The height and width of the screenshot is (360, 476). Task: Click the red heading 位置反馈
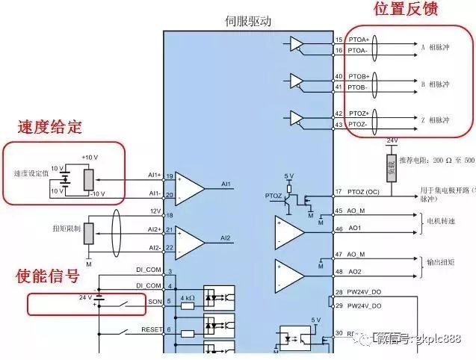405,10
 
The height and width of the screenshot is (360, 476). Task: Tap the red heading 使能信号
48,276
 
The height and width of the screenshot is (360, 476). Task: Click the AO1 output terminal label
355,228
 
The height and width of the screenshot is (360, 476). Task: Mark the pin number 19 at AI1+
170,176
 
